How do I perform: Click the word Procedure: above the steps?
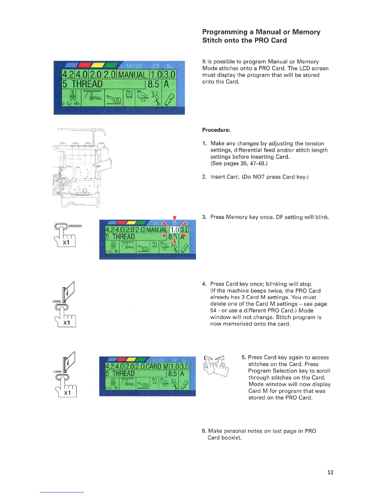click(x=216, y=130)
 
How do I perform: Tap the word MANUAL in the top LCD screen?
click(x=132, y=75)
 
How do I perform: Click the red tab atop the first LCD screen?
click(x=85, y=65)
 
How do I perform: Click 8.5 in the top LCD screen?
click(x=153, y=84)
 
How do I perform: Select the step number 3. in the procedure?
click(x=204, y=217)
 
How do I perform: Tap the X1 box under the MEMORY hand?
click(x=66, y=242)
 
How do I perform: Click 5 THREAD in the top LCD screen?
click(x=82, y=84)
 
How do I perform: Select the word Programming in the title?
click(x=225, y=32)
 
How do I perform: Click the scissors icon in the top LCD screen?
click(x=155, y=97)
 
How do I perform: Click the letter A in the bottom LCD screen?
click(x=182, y=374)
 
